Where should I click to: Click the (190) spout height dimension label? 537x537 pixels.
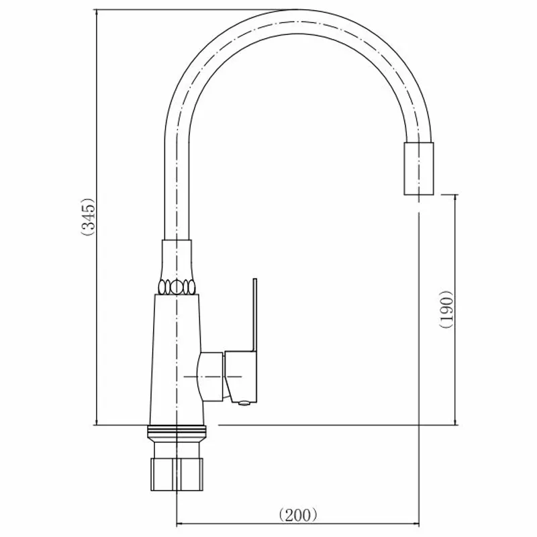446,309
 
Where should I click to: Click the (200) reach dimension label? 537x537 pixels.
297,515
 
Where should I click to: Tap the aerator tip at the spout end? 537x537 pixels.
418,168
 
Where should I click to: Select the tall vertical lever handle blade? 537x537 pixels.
255,315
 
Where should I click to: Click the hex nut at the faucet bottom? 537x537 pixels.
177,475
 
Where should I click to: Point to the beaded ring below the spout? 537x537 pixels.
177,287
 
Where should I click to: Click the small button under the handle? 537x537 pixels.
244,404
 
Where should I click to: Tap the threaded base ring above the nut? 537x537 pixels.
177,433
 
